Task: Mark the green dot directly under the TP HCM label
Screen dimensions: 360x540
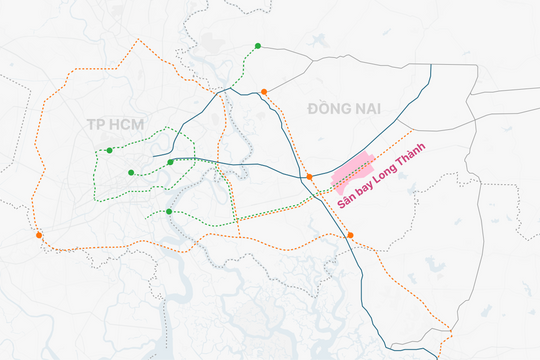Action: [108, 151]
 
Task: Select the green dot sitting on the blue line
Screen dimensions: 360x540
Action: [170, 162]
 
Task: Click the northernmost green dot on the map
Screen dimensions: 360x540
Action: [258, 46]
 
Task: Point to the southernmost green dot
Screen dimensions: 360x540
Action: [169, 211]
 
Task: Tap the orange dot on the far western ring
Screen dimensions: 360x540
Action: [39, 235]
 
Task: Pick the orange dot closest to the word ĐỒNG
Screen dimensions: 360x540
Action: [264, 92]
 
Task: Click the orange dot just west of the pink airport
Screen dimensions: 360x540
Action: [310, 177]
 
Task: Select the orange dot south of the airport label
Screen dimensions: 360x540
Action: [350, 235]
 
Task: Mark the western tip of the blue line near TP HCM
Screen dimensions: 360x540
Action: [152, 157]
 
